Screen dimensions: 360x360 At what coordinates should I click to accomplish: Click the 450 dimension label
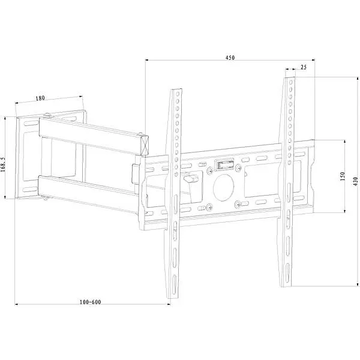[230, 58]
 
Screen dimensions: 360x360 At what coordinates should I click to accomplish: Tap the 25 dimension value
[303, 67]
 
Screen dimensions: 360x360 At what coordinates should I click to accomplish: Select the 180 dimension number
[40, 98]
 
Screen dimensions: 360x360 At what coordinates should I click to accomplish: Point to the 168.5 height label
[2, 164]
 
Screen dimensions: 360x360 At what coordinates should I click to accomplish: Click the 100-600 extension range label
[90, 302]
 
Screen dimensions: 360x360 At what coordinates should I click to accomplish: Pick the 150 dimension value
[343, 176]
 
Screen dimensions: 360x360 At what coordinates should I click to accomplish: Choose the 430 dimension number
[355, 181]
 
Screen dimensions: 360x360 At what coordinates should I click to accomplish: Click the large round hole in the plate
[224, 188]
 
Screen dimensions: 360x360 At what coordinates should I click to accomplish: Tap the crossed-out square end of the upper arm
[145, 145]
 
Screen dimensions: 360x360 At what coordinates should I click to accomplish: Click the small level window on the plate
[224, 164]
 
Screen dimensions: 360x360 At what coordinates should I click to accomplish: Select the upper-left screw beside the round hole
[209, 170]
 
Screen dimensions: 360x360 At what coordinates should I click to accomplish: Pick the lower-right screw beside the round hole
[238, 203]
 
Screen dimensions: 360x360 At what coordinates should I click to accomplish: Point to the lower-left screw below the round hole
[209, 208]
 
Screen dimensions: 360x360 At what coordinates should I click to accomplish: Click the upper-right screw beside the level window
[238, 167]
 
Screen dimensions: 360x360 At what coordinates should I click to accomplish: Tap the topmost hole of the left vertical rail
[177, 94]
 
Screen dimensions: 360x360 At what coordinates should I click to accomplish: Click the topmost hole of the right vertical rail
[291, 82]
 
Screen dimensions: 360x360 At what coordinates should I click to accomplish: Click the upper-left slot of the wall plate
[31, 123]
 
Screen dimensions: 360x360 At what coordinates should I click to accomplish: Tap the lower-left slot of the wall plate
[30, 190]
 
